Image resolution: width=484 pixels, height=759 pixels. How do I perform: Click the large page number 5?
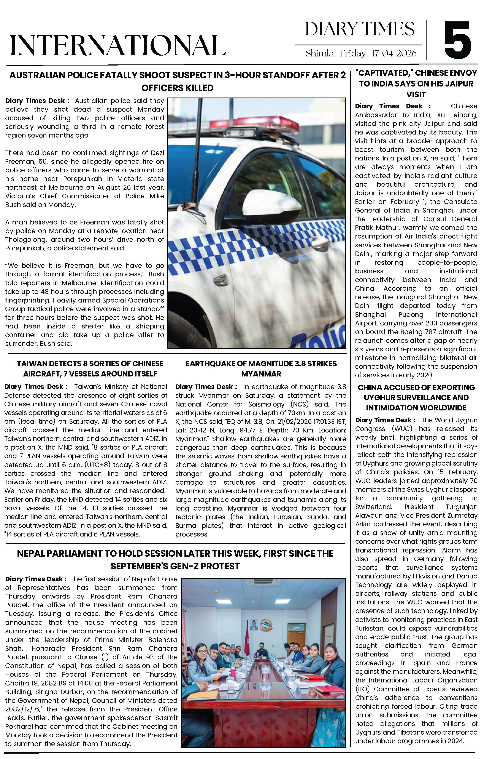458,40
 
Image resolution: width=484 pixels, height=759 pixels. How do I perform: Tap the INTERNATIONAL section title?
118,46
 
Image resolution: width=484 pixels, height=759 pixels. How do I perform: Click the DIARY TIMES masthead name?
360,29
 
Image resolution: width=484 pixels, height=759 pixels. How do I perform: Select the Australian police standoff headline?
178,81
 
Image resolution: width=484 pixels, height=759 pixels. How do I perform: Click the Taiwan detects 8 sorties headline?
90,368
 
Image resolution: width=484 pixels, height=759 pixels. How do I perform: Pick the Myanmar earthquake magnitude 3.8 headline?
261,368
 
